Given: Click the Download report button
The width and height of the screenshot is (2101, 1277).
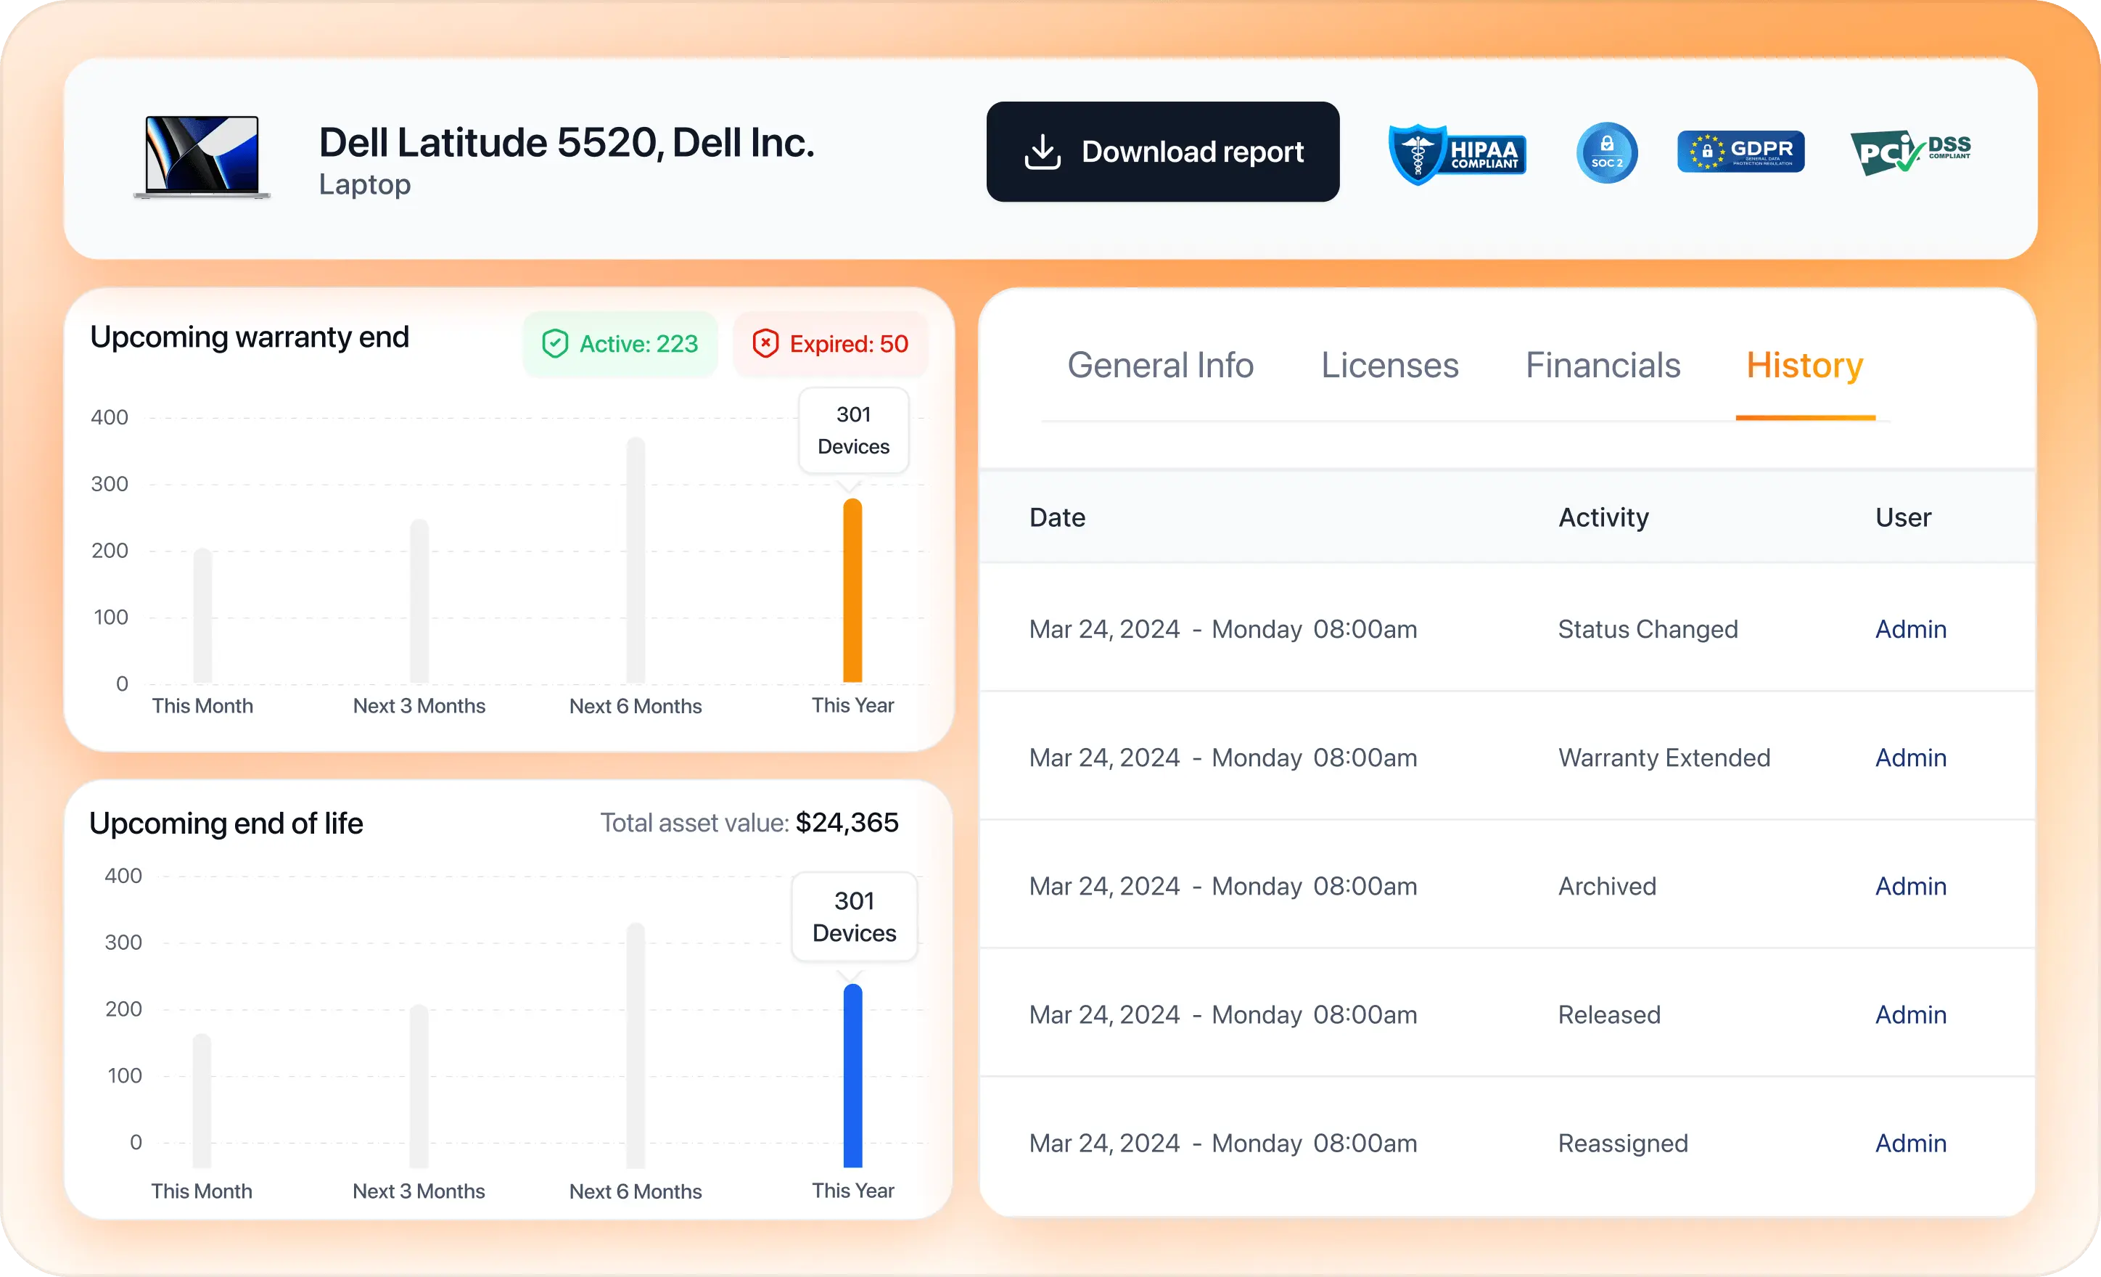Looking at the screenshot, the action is coord(1162,152).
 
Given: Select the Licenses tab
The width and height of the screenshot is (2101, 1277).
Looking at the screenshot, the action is coord(1390,365).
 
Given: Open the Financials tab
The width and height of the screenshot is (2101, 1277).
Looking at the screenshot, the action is coord(1603,365).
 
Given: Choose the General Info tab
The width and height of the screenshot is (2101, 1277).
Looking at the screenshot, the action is coord(1161,365).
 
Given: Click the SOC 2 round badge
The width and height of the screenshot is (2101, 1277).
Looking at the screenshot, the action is coord(1606,152).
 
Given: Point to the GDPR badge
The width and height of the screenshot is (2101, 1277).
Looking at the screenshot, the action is coord(1740,152).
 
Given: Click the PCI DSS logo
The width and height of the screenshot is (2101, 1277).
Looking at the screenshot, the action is coord(1910,152).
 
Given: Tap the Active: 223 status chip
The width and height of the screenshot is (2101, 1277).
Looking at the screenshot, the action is coord(620,344).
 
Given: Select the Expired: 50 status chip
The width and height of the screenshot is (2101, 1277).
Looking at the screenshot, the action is coord(831,344).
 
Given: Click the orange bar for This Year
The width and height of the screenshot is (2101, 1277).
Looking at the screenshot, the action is coord(852,591).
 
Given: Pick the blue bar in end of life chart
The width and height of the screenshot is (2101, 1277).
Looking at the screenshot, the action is coord(852,1076).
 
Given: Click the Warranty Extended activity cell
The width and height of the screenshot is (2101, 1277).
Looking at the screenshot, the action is coord(1664,757).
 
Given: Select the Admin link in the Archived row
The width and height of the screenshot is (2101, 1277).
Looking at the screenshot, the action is coord(1911,887).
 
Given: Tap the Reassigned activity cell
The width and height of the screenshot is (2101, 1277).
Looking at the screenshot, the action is coord(1623,1143).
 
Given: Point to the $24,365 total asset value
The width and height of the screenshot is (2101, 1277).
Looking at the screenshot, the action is coord(847,822).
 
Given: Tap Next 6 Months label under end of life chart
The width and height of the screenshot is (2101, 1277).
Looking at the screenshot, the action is coord(636,1191).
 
